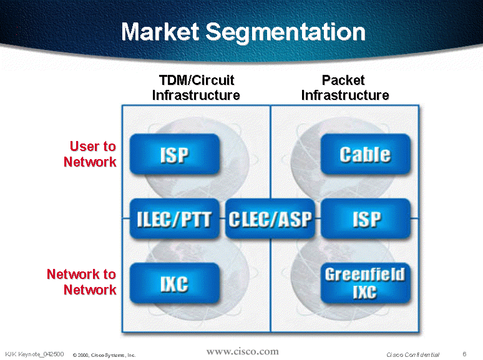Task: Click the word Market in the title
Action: [x=160, y=32]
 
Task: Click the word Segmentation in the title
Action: [x=286, y=32]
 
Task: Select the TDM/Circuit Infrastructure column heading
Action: [x=196, y=88]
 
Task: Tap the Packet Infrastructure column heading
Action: [x=345, y=88]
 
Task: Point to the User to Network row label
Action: [x=90, y=154]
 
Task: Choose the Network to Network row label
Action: [x=82, y=282]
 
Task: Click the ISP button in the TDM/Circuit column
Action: [x=175, y=154]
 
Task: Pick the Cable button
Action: [x=366, y=154]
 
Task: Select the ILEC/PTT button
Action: [x=175, y=219]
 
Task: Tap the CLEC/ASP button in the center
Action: [x=270, y=219]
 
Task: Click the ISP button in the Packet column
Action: [x=366, y=219]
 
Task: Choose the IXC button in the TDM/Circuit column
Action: [x=175, y=283]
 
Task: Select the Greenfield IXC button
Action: [x=366, y=283]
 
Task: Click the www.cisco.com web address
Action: [x=242, y=351]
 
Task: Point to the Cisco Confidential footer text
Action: [x=412, y=354]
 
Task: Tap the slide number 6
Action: [x=464, y=354]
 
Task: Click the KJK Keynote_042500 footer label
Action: [x=34, y=354]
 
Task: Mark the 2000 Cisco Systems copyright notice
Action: [x=104, y=355]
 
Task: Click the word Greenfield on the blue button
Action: [x=365, y=275]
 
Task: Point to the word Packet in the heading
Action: [x=343, y=80]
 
